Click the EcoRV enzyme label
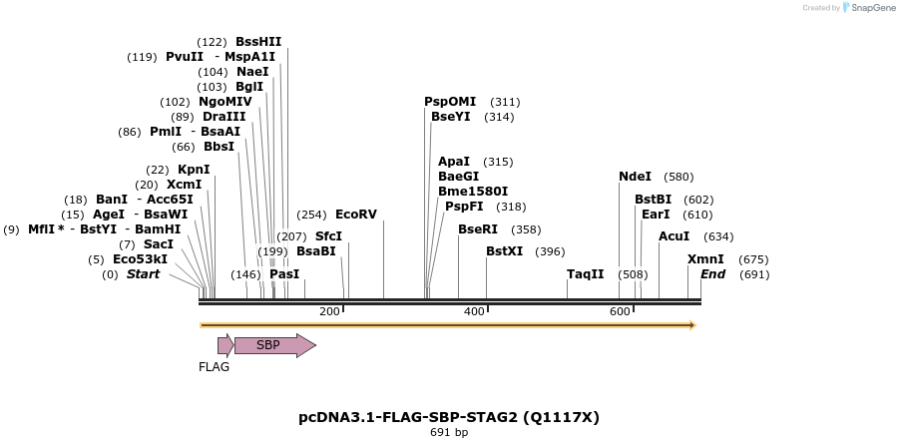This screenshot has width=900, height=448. pyautogui.click(x=356, y=215)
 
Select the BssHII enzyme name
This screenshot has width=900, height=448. pyautogui.click(x=258, y=42)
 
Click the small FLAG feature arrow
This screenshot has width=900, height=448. pyautogui.click(x=225, y=345)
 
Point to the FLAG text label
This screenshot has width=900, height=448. pyautogui.click(x=214, y=367)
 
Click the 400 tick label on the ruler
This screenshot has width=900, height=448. pyautogui.click(x=474, y=312)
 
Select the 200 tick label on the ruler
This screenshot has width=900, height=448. pyautogui.click(x=329, y=312)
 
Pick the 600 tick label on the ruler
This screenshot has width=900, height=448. pyautogui.click(x=620, y=312)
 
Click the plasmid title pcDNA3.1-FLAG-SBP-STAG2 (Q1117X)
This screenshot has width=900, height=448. pyautogui.click(x=449, y=417)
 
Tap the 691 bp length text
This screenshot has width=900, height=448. pyautogui.click(x=449, y=433)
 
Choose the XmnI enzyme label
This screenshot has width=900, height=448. pyautogui.click(x=705, y=259)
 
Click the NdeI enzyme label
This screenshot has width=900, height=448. pyautogui.click(x=635, y=177)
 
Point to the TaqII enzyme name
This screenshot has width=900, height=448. pyautogui.click(x=586, y=274)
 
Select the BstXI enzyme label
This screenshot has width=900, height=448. pyautogui.click(x=504, y=251)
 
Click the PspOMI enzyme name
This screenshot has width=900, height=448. pyautogui.click(x=450, y=102)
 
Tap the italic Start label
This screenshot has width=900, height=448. pyautogui.click(x=143, y=274)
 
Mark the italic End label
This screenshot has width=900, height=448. pyautogui.click(x=712, y=274)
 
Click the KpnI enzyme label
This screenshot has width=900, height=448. pyautogui.click(x=194, y=170)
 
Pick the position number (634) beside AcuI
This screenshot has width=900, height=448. pyautogui.click(x=718, y=236)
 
